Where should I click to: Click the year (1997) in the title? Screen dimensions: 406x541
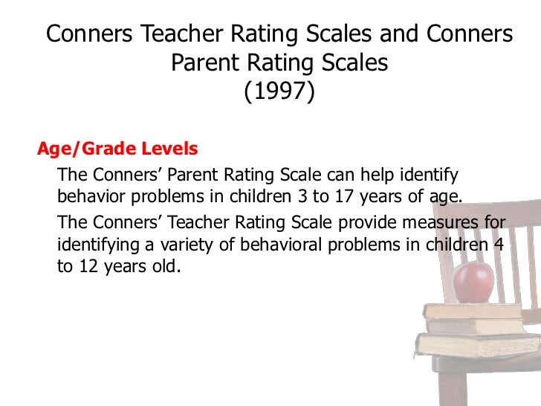[279, 91]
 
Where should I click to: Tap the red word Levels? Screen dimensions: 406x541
[169, 149]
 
